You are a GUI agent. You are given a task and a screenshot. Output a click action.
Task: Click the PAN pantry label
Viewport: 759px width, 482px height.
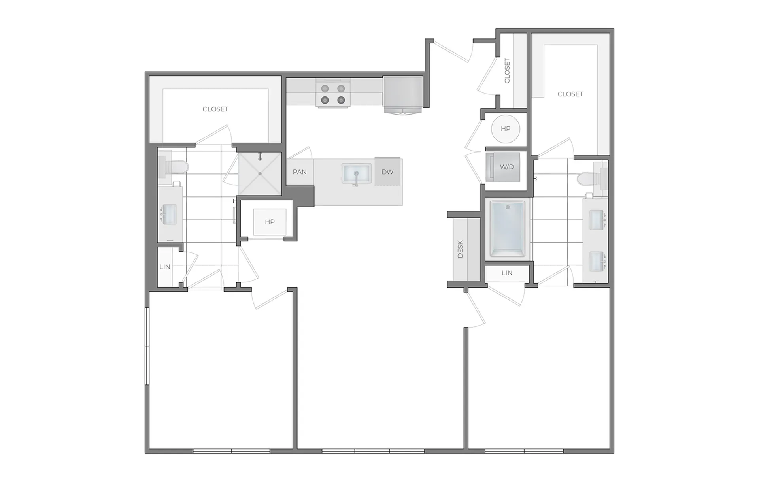click(x=300, y=172)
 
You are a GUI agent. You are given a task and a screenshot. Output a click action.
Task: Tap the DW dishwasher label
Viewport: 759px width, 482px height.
click(x=387, y=172)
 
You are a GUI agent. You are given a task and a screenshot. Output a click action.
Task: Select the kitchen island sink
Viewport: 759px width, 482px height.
click(x=356, y=174)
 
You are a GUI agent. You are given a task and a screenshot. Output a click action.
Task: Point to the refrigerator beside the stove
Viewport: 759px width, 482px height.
click(x=402, y=95)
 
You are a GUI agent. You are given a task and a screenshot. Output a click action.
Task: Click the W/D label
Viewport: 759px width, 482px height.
click(x=507, y=167)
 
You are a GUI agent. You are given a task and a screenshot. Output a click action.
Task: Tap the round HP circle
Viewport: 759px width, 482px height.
click(x=506, y=129)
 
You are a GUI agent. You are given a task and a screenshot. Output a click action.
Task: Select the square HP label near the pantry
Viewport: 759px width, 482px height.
click(x=270, y=222)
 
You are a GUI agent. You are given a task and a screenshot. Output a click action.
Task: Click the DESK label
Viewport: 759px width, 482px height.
click(x=460, y=249)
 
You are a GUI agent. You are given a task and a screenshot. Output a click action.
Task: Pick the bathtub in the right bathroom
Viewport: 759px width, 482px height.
click(x=508, y=229)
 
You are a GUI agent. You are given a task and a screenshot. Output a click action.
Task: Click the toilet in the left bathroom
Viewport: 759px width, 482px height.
click(x=172, y=167)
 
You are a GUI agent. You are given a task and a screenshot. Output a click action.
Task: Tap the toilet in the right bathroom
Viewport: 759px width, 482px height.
click(x=592, y=179)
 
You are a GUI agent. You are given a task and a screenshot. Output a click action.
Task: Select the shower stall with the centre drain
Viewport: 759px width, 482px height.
click(x=260, y=173)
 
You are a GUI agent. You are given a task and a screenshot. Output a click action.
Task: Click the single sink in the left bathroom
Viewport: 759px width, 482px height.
click(x=170, y=214)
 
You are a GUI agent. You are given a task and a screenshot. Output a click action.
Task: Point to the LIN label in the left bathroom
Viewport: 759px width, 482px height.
click(x=165, y=267)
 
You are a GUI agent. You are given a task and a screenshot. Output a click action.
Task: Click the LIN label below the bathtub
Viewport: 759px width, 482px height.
click(x=507, y=273)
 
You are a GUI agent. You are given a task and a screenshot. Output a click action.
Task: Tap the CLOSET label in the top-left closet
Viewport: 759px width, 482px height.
click(x=215, y=109)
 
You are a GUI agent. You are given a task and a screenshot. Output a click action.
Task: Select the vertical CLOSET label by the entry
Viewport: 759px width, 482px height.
click(x=507, y=71)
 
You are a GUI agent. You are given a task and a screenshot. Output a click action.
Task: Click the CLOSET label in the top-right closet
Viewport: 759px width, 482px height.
click(x=570, y=94)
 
